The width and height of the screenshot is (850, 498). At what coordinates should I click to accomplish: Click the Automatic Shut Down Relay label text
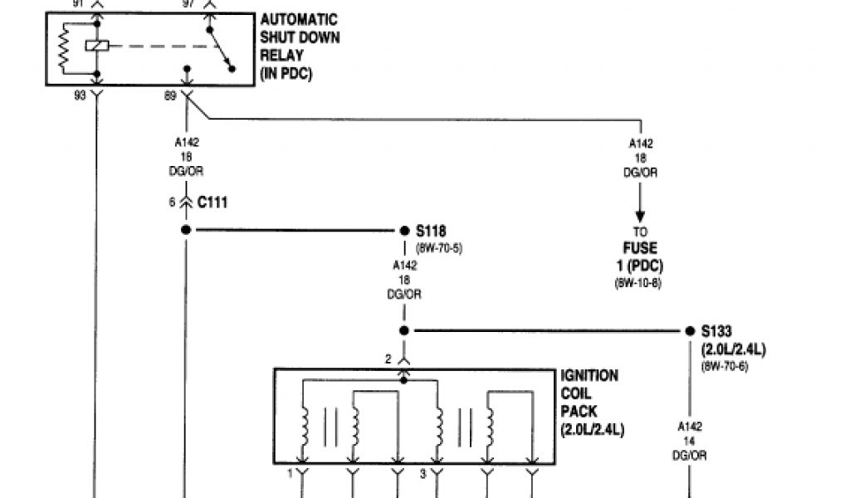pyautogui.click(x=300, y=46)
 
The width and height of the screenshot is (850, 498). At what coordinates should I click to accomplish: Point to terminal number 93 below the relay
pyautogui.click(x=81, y=95)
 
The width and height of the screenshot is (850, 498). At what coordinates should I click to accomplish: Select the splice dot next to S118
pyautogui.click(x=405, y=231)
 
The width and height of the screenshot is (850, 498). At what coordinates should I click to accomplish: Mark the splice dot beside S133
pyautogui.click(x=691, y=330)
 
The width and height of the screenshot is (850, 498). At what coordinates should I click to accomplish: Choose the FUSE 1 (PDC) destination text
pyautogui.click(x=640, y=256)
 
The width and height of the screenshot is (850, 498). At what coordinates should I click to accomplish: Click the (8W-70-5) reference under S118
pyautogui.click(x=438, y=247)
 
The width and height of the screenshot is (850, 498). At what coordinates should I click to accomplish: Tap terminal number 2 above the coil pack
pyautogui.click(x=388, y=359)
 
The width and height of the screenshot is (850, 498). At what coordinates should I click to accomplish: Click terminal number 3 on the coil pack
pyautogui.click(x=423, y=474)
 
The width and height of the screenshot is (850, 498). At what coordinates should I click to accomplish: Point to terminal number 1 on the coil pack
pyautogui.click(x=290, y=474)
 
